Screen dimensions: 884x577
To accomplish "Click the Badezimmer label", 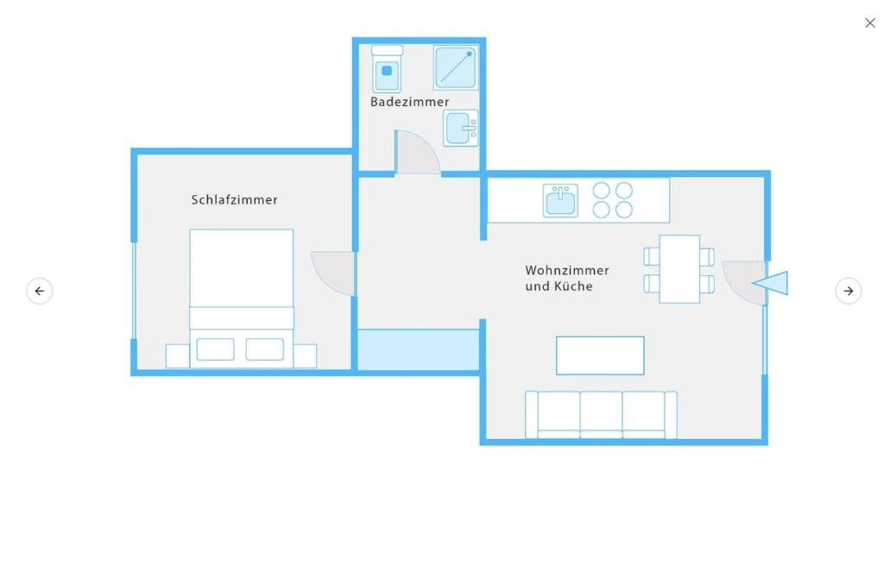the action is (x=409, y=102).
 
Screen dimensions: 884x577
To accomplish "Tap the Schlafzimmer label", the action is (x=234, y=200).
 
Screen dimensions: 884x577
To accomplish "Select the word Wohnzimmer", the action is (x=566, y=271).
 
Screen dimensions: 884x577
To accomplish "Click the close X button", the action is (x=870, y=23).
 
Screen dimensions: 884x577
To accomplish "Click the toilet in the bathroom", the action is (x=387, y=69).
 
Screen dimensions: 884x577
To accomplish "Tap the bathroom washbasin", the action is (x=461, y=128).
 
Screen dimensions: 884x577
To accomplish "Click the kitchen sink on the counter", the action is (x=560, y=201).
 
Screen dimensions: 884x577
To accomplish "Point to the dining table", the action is (x=679, y=269).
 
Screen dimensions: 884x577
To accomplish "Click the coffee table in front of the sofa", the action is (x=600, y=355).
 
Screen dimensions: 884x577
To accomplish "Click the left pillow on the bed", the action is (x=215, y=349).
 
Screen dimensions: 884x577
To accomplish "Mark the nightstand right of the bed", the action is (x=305, y=356).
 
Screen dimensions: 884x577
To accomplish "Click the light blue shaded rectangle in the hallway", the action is (x=419, y=350).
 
